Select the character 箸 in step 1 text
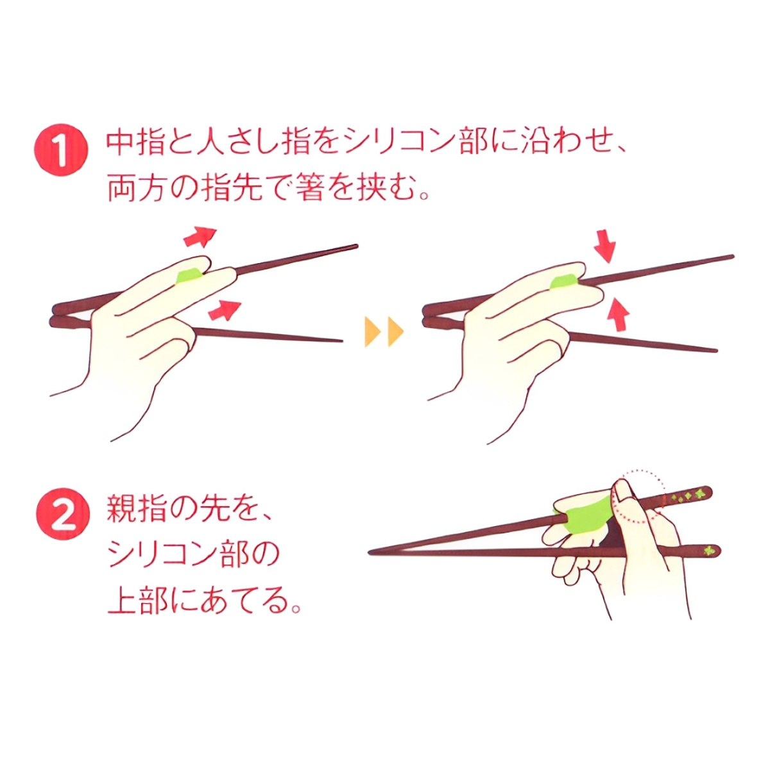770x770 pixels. point(312,190)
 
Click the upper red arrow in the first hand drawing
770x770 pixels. point(200,237)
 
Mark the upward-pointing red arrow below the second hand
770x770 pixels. point(618,312)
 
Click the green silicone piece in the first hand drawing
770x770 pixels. point(188,276)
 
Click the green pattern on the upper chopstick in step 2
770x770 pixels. point(690,495)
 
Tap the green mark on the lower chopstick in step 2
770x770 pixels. point(708,550)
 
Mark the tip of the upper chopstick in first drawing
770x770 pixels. point(355,246)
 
